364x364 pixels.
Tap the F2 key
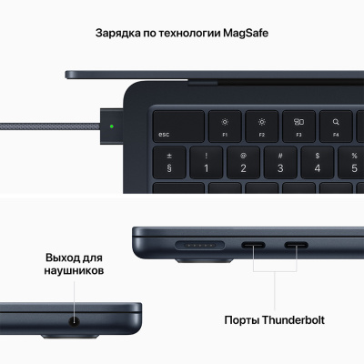261,125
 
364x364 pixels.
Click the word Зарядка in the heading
121,35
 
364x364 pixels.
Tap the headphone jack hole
71,318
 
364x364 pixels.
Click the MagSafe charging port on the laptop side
193,244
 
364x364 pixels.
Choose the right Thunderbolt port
297,244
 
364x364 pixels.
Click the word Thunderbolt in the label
294,320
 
